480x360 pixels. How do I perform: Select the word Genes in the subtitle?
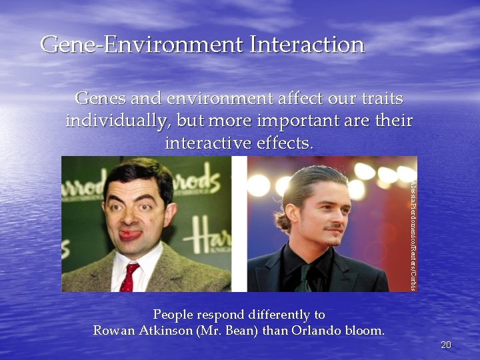pos(96,99)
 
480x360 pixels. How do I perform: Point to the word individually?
pos(113,121)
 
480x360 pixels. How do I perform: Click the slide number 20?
pos(446,345)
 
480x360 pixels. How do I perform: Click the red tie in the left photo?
pos(127,277)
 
